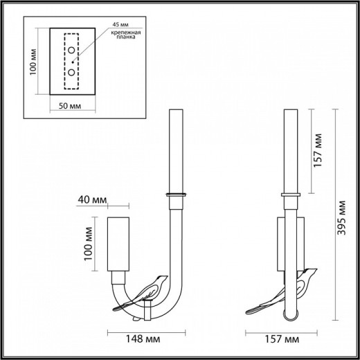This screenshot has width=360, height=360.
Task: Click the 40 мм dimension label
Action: click(x=93, y=199)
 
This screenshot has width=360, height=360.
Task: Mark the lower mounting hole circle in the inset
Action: click(x=71, y=71)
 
